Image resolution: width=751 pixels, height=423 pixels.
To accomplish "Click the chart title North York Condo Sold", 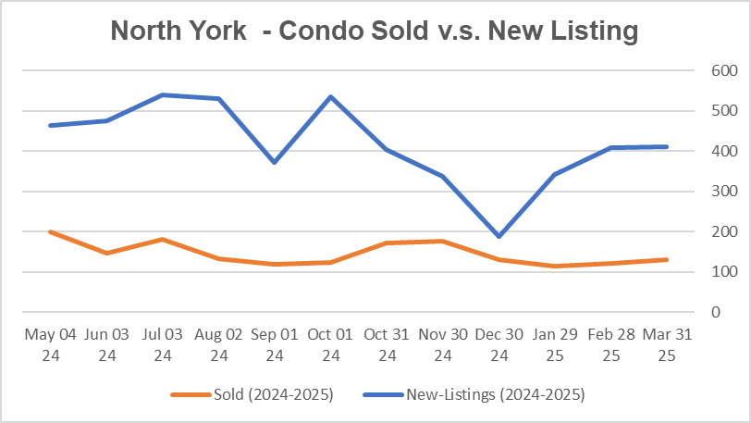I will pyautogui.click(x=375, y=31).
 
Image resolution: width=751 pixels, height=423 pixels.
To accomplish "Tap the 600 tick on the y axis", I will pyautogui.click(x=698, y=71).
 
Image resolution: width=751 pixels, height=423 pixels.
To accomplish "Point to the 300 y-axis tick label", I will pyautogui.click(x=698, y=192).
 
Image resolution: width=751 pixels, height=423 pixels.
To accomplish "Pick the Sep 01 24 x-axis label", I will pyautogui.click(x=275, y=342).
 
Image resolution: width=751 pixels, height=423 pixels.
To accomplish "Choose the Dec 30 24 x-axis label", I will pyautogui.click(x=499, y=342).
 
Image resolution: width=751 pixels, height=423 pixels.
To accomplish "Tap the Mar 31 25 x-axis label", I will pyautogui.click(x=668, y=342).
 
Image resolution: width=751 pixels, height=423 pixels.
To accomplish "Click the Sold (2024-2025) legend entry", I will pyautogui.click(x=252, y=395).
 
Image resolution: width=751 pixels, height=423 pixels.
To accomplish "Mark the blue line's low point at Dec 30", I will pyautogui.click(x=499, y=236).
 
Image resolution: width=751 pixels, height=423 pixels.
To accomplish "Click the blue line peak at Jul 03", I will pyautogui.click(x=163, y=94).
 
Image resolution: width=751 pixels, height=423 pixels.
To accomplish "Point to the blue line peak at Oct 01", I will pyautogui.click(x=331, y=96).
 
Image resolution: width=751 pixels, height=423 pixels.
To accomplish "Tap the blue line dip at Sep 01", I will pyautogui.click(x=275, y=162).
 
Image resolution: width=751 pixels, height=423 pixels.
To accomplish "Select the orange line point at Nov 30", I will pyautogui.click(x=443, y=241).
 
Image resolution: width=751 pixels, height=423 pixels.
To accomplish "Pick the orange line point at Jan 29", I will pyautogui.click(x=555, y=266).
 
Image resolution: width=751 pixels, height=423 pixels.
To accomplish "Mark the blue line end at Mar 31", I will pyautogui.click(x=668, y=146).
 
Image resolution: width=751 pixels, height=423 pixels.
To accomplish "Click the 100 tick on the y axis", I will pyautogui.click(x=698, y=272).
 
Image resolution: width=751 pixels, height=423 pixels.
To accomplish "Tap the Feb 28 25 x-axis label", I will pyautogui.click(x=611, y=342).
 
